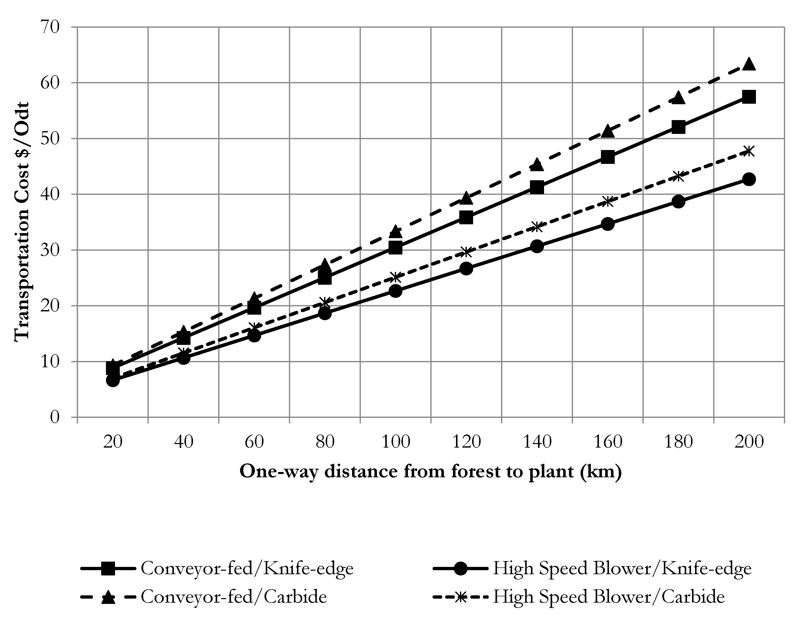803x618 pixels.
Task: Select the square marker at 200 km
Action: coord(749,97)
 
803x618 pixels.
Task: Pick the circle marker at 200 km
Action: coord(749,179)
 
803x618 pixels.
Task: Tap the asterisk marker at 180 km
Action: coord(678,176)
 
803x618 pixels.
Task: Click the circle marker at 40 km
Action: coord(183,357)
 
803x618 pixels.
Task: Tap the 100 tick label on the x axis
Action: coord(396,442)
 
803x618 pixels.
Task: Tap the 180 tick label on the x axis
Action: coord(678,442)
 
